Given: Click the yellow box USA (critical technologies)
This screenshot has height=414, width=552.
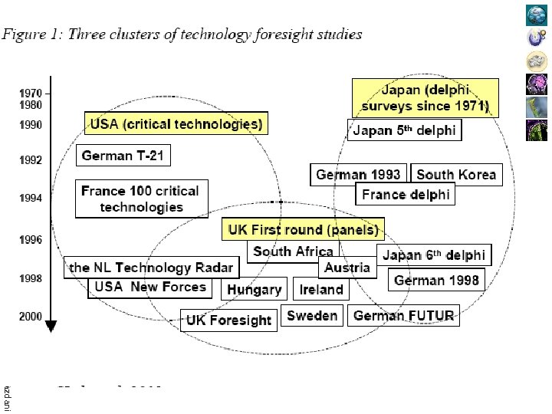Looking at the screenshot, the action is click(x=176, y=123).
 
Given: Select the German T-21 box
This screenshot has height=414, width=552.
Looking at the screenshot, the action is click(x=123, y=156).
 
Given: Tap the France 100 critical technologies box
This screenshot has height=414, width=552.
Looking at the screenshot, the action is click(x=140, y=199).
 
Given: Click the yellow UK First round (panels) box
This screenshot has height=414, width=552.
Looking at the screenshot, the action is click(x=303, y=229).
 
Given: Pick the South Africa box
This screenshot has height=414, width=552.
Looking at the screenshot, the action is click(x=293, y=251).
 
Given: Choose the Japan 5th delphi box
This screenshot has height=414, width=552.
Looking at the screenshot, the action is click(x=404, y=130).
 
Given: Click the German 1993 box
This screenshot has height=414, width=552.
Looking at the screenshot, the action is click(x=358, y=175).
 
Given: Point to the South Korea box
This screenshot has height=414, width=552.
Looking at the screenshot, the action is click(x=456, y=175).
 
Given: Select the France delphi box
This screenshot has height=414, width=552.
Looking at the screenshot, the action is click(x=406, y=194).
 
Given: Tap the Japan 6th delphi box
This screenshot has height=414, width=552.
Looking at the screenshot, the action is click(x=434, y=255).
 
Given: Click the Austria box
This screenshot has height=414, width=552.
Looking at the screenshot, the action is click(x=347, y=268).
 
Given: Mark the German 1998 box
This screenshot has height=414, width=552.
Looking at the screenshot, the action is click(x=436, y=280).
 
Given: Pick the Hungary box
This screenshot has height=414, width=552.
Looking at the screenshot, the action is click(x=255, y=290).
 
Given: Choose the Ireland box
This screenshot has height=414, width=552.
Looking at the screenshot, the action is click(x=321, y=289).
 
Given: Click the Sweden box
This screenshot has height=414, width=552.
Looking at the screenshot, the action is click(x=312, y=315).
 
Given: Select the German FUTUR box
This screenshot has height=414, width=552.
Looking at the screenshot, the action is click(x=404, y=315).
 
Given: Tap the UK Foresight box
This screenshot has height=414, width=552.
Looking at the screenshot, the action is click(x=229, y=320).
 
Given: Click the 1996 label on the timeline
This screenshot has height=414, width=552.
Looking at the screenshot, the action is click(x=31, y=240).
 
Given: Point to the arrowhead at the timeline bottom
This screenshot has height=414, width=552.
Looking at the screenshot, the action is click(x=51, y=326).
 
